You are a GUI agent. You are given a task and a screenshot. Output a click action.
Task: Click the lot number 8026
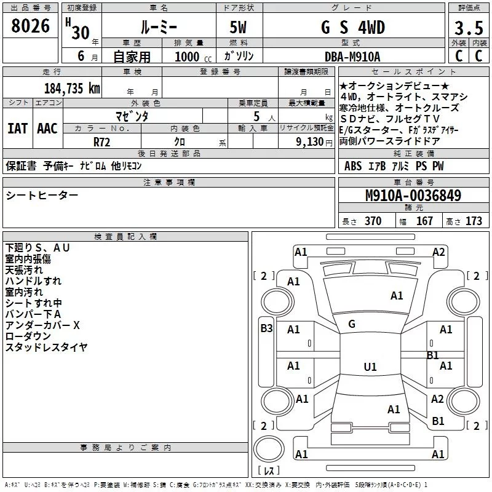(30, 26)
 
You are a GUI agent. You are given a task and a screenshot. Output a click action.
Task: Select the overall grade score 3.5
(469, 28)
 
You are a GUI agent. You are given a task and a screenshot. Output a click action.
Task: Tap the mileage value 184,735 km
(72, 89)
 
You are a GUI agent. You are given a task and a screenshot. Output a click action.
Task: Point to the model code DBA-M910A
(352, 57)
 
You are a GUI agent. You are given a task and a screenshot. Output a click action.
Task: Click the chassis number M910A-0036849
(413, 196)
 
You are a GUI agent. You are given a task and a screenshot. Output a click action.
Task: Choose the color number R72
(101, 142)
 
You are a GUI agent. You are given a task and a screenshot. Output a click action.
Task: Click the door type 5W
(238, 27)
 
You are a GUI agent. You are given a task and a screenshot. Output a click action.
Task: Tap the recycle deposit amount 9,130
(310, 142)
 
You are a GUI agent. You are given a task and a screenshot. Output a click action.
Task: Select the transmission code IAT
(18, 129)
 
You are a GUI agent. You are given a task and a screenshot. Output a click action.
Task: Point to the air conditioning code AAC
(47, 129)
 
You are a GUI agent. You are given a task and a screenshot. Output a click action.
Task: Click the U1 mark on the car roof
(370, 367)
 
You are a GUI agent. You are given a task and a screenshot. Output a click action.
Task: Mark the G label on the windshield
(352, 324)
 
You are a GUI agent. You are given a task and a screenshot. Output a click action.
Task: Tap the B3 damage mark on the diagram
(266, 328)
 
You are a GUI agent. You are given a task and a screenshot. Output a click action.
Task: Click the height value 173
(474, 221)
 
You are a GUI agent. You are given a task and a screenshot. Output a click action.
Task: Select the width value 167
(424, 221)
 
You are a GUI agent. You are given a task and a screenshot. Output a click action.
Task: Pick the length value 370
(373, 221)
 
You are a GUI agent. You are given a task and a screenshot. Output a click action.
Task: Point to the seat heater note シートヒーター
(42, 196)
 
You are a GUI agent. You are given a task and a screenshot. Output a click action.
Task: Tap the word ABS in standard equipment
(353, 166)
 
